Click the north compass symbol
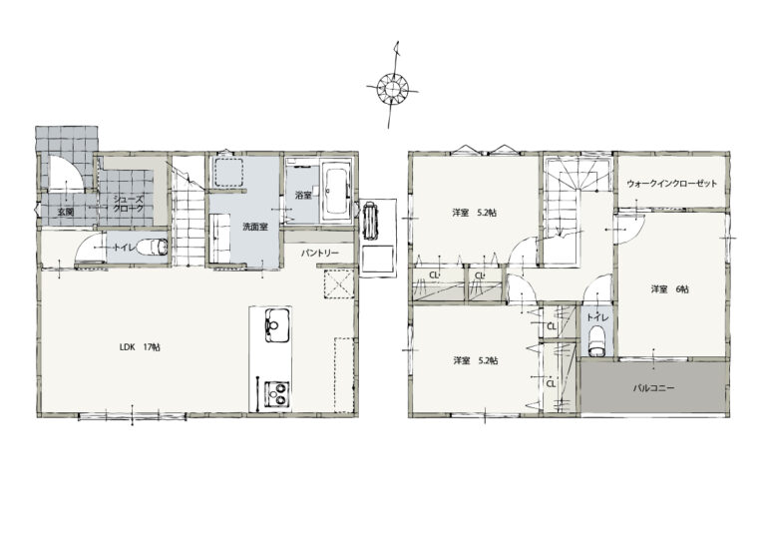click(x=392, y=89)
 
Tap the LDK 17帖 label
click(x=140, y=347)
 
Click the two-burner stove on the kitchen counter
click(x=278, y=394)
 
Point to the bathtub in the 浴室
click(x=336, y=191)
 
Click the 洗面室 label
click(x=255, y=227)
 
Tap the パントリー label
click(x=319, y=254)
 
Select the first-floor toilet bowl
click(x=152, y=247)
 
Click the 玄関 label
click(x=66, y=212)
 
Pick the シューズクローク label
click(x=129, y=204)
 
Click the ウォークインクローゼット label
click(x=672, y=184)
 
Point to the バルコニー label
click(x=653, y=388)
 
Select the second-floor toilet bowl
click(x=597, y=341)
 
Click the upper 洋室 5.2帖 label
click(x=475, y=213)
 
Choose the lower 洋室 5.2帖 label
click(x=476, y=361)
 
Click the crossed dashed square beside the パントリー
click(x=338, y=282)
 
